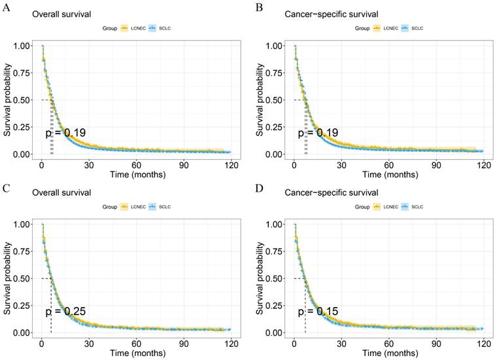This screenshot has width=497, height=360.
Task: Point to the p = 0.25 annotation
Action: coord(65,312)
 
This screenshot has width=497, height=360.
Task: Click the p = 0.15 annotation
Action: coord(318,312)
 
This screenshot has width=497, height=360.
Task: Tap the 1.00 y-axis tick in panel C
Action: coord(21,224)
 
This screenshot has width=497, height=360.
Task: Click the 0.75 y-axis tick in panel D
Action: coord(273,251)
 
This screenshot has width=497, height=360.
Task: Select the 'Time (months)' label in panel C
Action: coord(137,353)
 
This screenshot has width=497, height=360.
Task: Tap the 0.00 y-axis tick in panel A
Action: coord(21,154)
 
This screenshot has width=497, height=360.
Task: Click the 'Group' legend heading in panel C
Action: coord(111,207)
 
